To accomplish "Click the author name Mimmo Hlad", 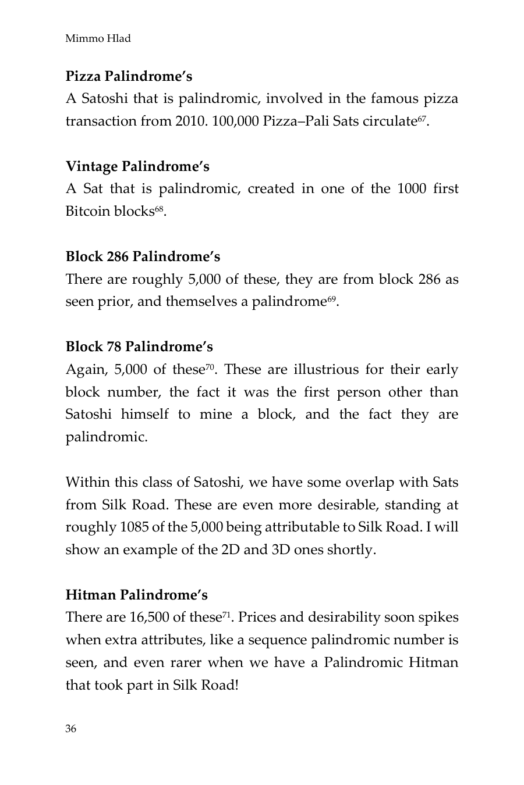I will [x=98, y=39].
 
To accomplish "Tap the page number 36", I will [x=70, y=729].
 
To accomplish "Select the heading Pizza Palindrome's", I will [x=129, y=76].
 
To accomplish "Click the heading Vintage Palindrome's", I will [x=137, y=166].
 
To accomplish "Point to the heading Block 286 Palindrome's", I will [x=143, y=256].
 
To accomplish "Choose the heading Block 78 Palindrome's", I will [x=139, y=347].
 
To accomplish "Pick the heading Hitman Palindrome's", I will [x=136, y=595].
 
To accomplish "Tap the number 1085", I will [x=134, y=527].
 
